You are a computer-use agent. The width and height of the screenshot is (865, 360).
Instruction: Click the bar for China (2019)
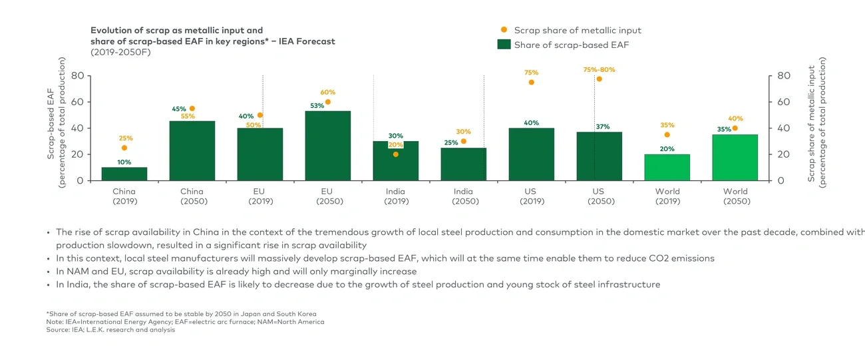[x=124, y=174]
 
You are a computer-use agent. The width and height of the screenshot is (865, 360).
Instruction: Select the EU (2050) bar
[x=328, y=146]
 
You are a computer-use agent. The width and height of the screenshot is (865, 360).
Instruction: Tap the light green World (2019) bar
[x=667, y=167]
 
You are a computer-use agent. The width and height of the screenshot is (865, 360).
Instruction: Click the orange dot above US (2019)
[x=532, y=82]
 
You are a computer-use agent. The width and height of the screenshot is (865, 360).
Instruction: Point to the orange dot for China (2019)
[x=124, y=148]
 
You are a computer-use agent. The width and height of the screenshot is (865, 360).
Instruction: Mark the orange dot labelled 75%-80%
[x=600, y=79]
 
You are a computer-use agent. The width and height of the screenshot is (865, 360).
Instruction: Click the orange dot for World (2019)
[x=667, y=134]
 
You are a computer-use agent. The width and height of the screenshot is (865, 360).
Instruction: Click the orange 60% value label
[x=328, y=92]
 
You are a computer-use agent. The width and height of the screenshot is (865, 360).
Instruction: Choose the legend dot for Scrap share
[x=504, y=30]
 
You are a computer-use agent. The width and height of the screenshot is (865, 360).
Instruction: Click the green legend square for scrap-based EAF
[x=504, y=45]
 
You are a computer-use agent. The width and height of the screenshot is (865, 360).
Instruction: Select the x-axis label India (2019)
[x=395, y=196]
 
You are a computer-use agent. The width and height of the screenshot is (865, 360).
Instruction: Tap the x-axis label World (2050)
[x=735, y=196]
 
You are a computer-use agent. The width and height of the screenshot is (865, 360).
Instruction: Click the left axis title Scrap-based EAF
[x=51, y=126]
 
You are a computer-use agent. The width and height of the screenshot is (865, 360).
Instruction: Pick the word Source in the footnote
[x=59, y=329]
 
